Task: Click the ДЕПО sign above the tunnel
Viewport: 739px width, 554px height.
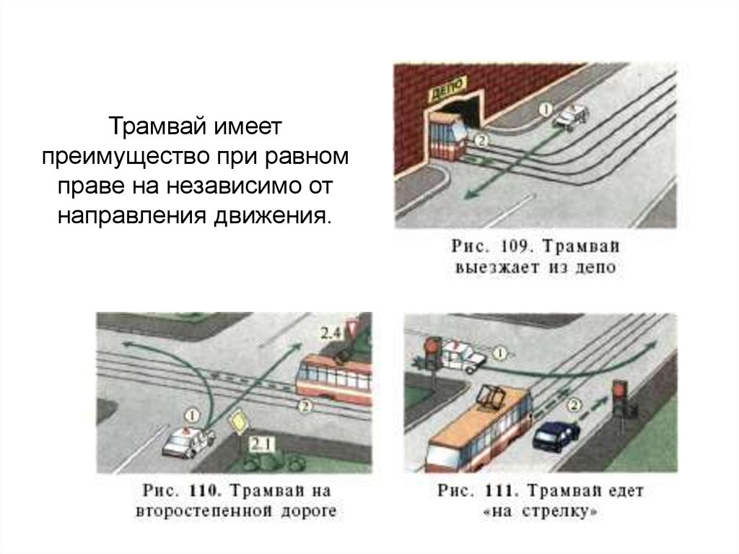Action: [x=447, y=90]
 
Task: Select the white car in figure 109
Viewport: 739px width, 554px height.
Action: [x=571, y=116]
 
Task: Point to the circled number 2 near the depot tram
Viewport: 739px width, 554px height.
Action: [x=481, y=141]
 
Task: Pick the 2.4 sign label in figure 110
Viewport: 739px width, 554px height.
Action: [x=331, y=333]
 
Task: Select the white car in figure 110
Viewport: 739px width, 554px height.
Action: [x=188, y=441]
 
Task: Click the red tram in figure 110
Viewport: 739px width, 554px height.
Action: [x=333, y=378]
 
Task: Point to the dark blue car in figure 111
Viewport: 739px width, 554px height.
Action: [x=556, y=435]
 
